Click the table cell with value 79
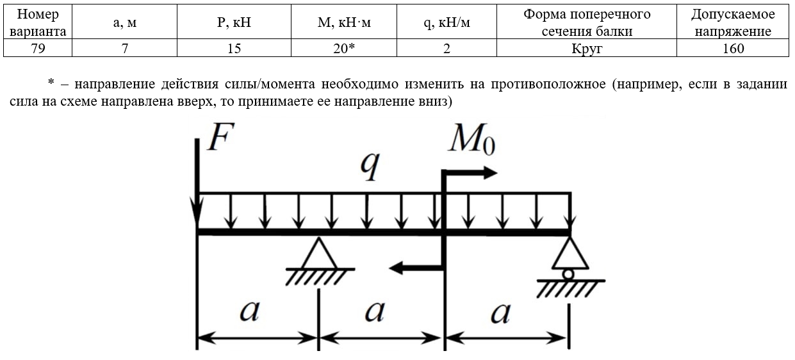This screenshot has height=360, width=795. pyautogui.click(x=38, y=48)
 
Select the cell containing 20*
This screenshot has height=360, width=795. pyautogui.click(x=343, y=48)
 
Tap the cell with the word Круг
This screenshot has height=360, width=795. pyautogui.click(x=586, y=48)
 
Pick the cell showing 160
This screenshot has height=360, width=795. pyautogui.click(x=733, y=48)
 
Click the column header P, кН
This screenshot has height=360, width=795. pyautogui.click(x=234, y=22)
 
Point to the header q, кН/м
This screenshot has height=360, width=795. pyautogui.click(x=447, y=22)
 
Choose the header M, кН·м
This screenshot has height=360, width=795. pyautogui.click(x=343, y=22)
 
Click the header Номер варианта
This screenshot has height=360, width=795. pyautogui.click(x=38, y=22)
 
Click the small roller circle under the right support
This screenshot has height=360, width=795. pyautogui.click(x=568, y=274)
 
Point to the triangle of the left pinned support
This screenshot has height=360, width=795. pyautogui.click(x=319, y=254)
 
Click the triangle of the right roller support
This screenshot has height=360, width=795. pyautogui.click(x=570, y=254)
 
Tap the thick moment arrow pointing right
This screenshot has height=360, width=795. pyautogui.click(x=469, y=173)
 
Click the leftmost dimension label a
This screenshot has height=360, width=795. pyautogui.click(x=250, y=311)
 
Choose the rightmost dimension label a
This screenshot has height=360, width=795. pyautogui.click(x=500, y=313)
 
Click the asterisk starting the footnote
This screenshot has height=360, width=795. pyautogui.click(x=51, y=83)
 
